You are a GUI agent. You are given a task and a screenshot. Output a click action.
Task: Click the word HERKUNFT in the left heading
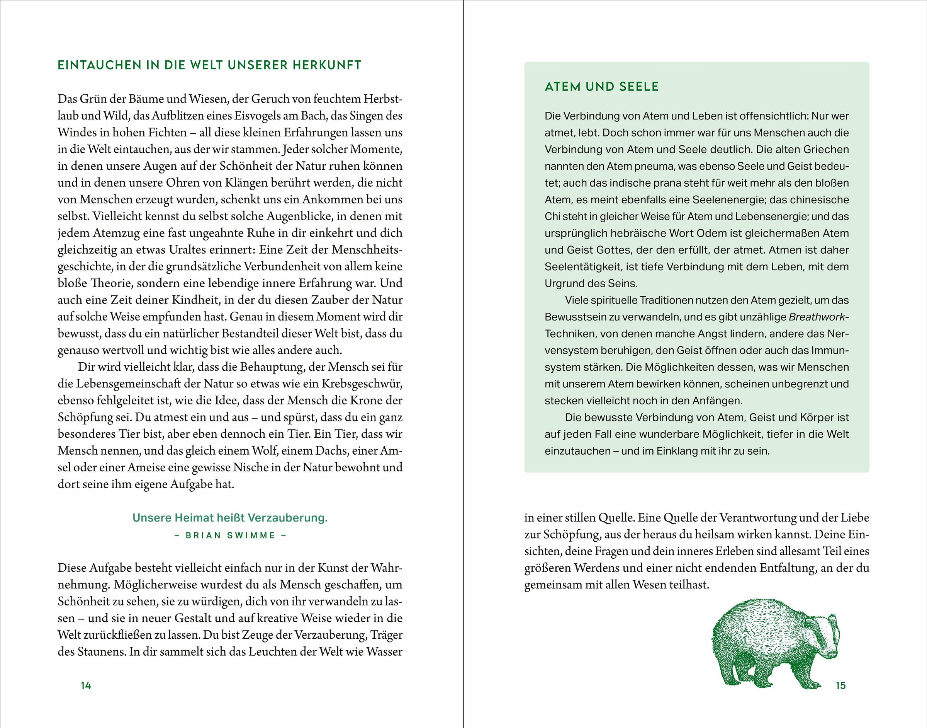[x=327, y=65]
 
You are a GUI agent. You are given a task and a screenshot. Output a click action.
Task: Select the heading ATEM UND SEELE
[x=601, y=87]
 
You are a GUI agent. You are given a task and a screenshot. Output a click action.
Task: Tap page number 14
[x=86, y=685]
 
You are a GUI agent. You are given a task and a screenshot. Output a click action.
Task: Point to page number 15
[x=840, y=685]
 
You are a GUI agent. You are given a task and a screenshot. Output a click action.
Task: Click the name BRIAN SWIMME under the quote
[x=230, y=536]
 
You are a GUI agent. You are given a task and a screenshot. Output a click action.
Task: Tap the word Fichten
[x=167, y=133]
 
